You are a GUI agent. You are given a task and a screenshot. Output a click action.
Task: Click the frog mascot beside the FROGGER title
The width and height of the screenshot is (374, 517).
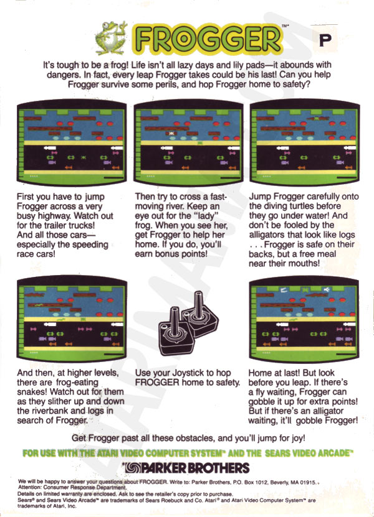pyautogui.click(x=111, y=38)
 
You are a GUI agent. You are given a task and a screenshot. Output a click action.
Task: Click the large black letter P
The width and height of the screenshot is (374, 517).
pyautogui.click(x=325, y=40)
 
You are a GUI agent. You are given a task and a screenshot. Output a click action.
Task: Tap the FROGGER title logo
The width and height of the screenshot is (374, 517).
pyautogui.click(x=208, y=39)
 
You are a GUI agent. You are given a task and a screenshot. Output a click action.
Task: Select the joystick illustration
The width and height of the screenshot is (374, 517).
pyautogui.click(x=188, y=323)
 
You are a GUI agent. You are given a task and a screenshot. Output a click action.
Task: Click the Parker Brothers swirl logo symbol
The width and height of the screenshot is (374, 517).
pyautogui.click(x=133, y=468)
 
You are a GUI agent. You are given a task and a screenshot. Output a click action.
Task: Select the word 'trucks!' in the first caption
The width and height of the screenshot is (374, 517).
pyautogui.click(x=82, y=226)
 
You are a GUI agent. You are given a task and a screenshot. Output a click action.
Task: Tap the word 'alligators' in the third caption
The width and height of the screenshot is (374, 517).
pyautogui.click(x=267, y=235)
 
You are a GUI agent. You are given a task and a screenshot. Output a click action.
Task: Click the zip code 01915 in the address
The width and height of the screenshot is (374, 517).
pyautogui.click(x=309, y=482)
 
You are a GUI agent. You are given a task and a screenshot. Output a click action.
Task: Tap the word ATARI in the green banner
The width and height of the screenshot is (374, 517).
pyautogui.click(x=107, y=453)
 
